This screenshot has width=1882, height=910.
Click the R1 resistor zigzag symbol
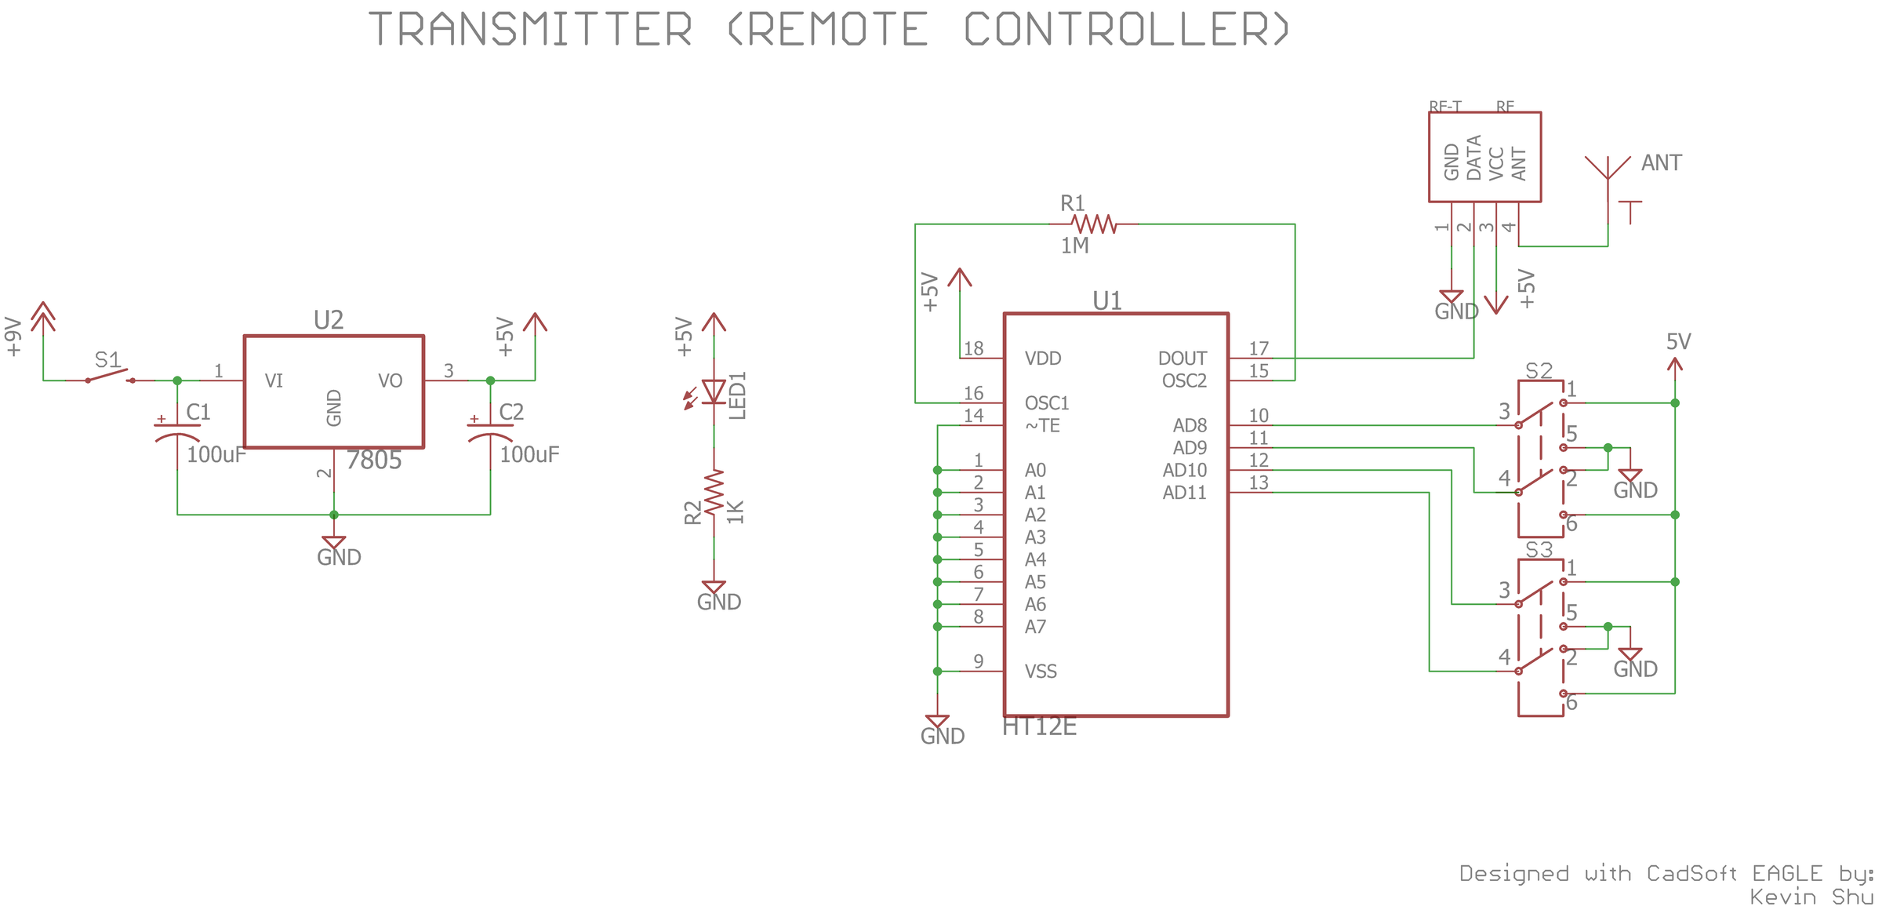[x=1093, y=224]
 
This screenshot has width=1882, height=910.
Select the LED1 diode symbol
[x=713, y=391]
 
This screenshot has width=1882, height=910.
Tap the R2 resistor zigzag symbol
[x=714, y=493]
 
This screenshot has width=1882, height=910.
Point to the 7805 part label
[x=374, y=460]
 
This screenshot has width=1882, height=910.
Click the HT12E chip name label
[x=1039, y=727]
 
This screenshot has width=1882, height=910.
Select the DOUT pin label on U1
[x=1182, y=359]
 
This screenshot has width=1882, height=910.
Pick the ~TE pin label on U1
[x=1042, y=426]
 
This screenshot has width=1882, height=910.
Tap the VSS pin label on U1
[x=1041, y=672]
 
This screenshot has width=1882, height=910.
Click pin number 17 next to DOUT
[x=1259, y=348]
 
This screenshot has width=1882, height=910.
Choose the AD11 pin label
[x=1184, y=493]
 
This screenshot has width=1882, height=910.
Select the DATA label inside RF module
[x=1473, y=158]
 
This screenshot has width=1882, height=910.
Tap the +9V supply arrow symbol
[x=43, y=317]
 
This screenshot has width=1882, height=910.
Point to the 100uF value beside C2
[x=530, y=454]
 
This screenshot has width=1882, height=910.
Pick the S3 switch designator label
[x=1539, y=550]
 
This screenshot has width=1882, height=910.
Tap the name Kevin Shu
[x=1811, y=897]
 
